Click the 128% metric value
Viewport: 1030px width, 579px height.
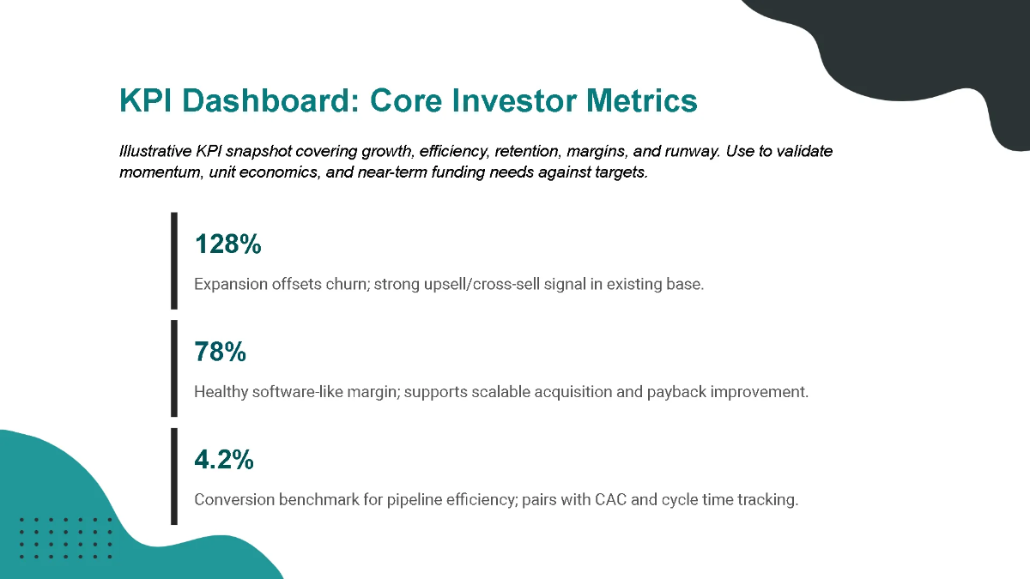pyautogui.click(x=227, y=244)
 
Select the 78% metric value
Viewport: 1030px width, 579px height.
pyautogui.click(x=221, y=353)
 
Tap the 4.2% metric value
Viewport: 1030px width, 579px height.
pyautogui.click(x=224, y=461)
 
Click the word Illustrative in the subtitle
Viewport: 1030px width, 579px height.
pyautogui.click(x=155, y=152)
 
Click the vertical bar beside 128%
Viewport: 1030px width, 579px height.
pyautogui.click(x=174, y=261)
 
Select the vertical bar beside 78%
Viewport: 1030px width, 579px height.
pyautogui.click(x=174, y=369)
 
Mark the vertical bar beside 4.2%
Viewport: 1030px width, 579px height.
pyautogui.click(x=174, y=476)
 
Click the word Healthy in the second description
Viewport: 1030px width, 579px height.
pyautogui.click(x=222, y=392)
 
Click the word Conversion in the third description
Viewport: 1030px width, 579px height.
pyautogui.click(x=234, y=499)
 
